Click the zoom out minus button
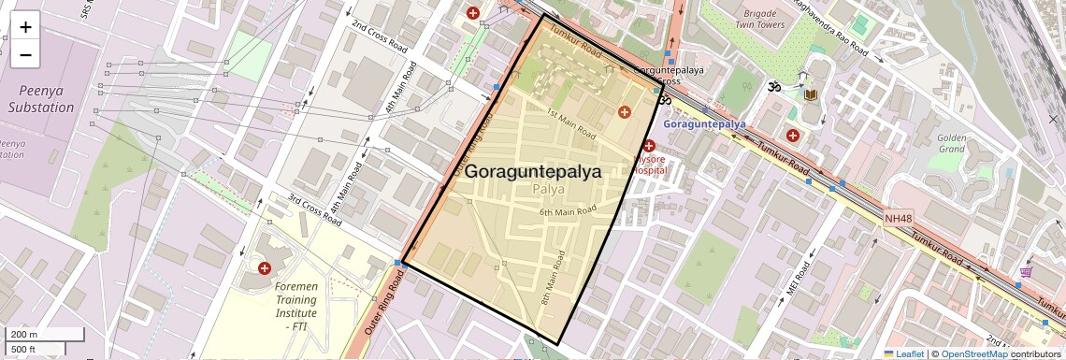tap(25, 55)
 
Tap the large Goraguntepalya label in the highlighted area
tap(533, 172)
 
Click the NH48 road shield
tap(898, 219)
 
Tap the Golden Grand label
tap(951, 143)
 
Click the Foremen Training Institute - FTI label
tap(296, 299)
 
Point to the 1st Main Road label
tap(570, 123)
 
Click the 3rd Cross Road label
tap(315, 210)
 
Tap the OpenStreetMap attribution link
tap(973, 353)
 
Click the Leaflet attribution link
tap(905, 353)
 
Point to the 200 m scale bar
tap(34, 335)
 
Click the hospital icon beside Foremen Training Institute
tap(265, 268)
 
